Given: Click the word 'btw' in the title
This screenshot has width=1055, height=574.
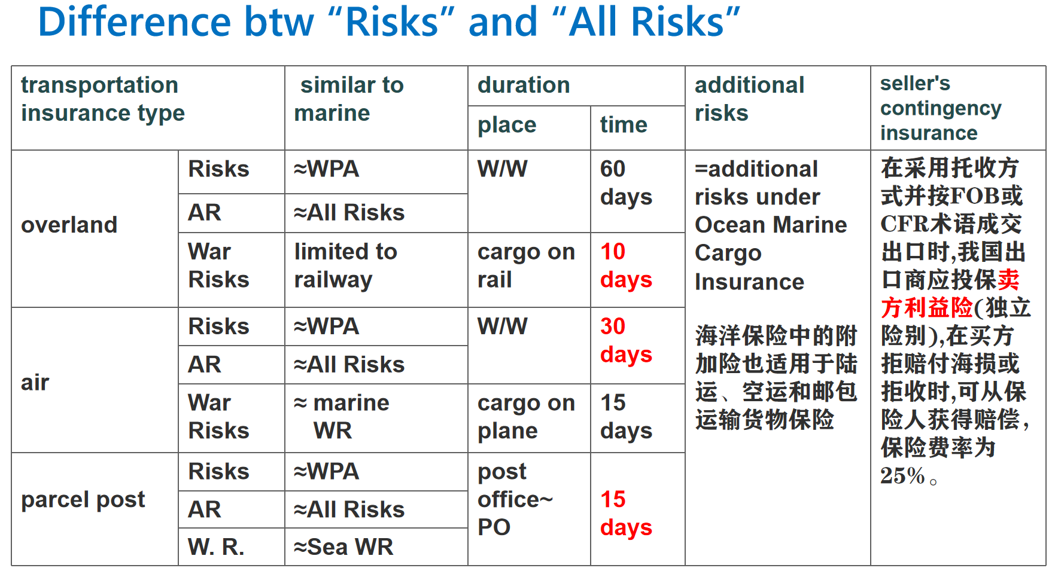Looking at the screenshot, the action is click(x=279, y=22).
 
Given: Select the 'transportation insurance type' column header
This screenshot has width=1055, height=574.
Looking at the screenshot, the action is click(x=103, y=99).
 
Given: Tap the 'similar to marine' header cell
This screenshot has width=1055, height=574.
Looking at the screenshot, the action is click(x=349, y=99).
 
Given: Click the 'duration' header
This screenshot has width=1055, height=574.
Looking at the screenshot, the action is click(x=524, y=85).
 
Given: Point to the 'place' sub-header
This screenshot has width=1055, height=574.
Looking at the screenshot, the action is click(x=507, y=125).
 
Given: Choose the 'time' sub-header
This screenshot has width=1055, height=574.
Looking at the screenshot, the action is click(x=624, y=124).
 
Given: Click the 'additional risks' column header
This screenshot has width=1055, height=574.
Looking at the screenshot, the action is click(x=749, y=99).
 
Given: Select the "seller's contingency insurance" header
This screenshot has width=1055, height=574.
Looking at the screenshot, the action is click(x=941, y=108).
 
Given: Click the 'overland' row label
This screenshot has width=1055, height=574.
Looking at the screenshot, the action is click(x=69, y=225).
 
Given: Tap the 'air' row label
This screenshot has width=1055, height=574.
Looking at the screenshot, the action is click(x=35, y=382).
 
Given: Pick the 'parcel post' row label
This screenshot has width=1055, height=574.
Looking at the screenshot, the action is click(x=83, y=499).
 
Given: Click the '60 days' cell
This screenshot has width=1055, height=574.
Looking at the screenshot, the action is click(x=626, y=183).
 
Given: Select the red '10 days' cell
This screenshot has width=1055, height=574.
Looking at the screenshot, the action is click(x=626, y=265).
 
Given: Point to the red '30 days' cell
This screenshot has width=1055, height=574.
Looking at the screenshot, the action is click(x=626, y=340).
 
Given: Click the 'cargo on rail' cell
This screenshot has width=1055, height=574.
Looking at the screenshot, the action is click(x=526, y=265).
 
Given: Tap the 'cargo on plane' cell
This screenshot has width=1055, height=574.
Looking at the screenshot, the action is click(x=526, y=417).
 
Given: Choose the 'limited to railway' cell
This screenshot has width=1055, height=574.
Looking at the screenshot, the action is click(x=345, y=265).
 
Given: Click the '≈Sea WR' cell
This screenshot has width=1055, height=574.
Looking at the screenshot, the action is click(x=343, y=546).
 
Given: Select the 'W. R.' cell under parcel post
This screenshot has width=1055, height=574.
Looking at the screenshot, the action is click(x=216, y=546).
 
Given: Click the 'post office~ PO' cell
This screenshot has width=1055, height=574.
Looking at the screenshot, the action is click(x=515, y=499).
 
